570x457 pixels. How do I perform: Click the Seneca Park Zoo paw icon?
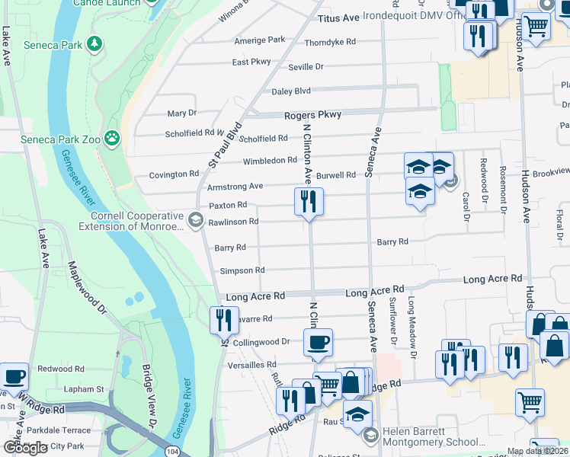pos(112,138)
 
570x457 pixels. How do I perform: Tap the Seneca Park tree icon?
pos(94,45)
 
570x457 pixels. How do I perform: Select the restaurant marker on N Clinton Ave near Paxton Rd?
pos(309,202)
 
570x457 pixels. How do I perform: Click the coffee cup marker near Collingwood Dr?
pos(317,342)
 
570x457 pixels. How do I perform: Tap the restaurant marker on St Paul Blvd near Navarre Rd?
pos(224,320)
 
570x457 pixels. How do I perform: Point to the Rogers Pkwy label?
pos(312,114)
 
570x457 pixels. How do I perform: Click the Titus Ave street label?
pos(338,17)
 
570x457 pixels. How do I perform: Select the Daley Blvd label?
pos(291,91)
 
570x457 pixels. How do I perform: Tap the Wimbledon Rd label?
pos(269,161)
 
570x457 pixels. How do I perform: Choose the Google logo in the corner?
pos(25,448)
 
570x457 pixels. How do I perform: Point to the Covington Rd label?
pos(174,174)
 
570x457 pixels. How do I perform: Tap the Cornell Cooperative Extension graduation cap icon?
pos(195,222)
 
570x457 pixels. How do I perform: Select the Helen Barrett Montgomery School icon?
pos(370,436)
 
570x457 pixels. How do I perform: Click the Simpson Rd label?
pos(242,270)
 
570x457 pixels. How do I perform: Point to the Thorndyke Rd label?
pos(330,43)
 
